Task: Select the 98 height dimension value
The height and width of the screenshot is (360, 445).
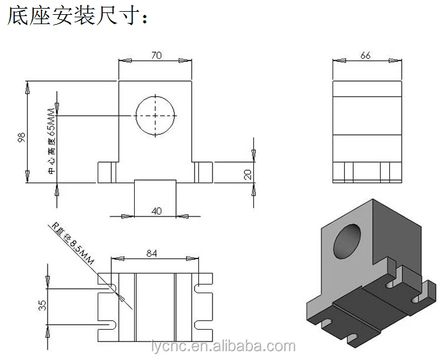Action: click(x=22, y=137)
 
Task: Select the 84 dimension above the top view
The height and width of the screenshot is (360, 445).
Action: click(x=151, y=252)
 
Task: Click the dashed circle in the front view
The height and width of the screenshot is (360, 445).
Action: click(x=156, y=116)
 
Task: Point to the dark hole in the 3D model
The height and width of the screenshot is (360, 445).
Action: click(x=347, y=242)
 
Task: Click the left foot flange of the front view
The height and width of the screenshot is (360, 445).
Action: click(x=108, y=172)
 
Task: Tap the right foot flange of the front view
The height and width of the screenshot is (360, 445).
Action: click(x=203, y=172)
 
